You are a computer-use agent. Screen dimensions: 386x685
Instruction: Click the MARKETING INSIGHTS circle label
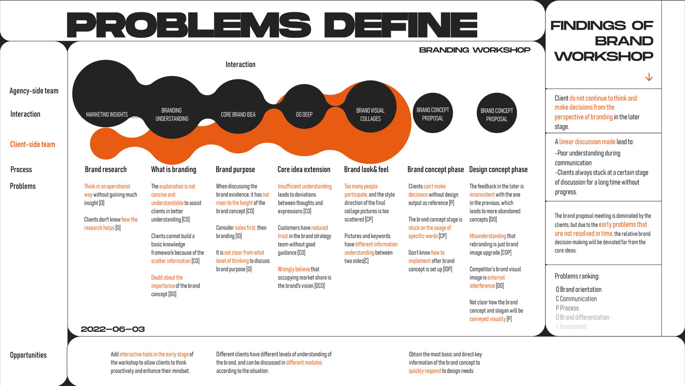click(x=107, y=114)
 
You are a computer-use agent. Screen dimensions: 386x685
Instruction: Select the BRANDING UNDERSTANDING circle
click(x=171, y=114)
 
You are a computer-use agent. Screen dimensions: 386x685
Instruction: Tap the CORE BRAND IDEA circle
click(x=238, y=114)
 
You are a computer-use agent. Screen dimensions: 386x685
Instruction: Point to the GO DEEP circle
click(x=304, y=114)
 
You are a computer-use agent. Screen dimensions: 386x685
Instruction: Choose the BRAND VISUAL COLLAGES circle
click(x=370, y=114)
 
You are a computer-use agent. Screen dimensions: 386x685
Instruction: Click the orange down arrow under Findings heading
click(x=649, y=77)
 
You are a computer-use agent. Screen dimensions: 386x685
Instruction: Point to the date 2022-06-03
click(x=113, y=329)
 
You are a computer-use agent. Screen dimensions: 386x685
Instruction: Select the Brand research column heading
click(x=106, y=169)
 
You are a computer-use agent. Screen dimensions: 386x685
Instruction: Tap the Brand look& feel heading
click(x=366, y=169)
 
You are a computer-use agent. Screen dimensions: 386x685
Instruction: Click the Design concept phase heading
click(x=498, y=169)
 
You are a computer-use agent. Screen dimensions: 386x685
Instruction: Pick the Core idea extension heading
click(x=304, y=169)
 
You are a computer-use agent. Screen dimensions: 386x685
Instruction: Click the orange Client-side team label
click(x=33, y=144)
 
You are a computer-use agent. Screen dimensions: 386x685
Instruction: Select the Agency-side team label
click(x=34, y=91)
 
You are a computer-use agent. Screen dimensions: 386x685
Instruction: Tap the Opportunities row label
click(x=28, y=355)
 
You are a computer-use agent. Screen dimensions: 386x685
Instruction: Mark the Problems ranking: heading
click(x=577, y=276)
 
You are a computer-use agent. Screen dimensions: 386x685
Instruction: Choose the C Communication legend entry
click(x=576, y=299)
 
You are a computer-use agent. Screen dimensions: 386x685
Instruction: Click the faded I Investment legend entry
click(x=571, y=327)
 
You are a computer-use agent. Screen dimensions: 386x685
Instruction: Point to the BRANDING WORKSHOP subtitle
click(x=474, y=50)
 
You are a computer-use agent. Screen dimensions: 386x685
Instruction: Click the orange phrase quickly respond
click(x=425, y=371)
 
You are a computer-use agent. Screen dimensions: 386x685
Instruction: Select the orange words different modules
click(x=304, y=363)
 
